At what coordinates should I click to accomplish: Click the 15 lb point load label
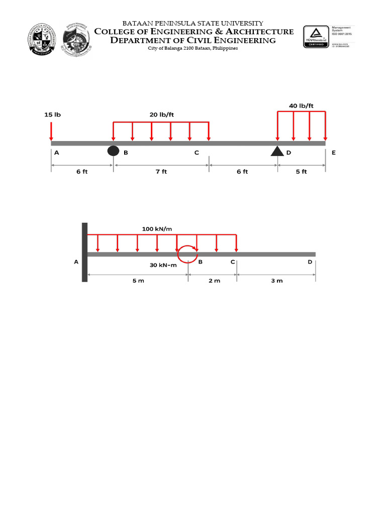pyautogui.click(x=52, y=115)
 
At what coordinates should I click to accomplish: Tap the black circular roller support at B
pyautogui.click(x=113, y=151)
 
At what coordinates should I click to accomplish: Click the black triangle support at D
pyautogui.click(x=277, y=151)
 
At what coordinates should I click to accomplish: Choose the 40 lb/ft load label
pyautogui.click(x=301, y=105)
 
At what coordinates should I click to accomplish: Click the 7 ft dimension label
pyautogui.click(x=161, y=172)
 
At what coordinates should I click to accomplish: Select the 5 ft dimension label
pyautogui.click(x=301, y=172)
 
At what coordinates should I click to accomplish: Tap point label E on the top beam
pyautogui.click(x=332, y=153)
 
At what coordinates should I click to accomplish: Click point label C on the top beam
pyautogui.click(x=197, y=153)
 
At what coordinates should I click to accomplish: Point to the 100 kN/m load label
pyautogui.click(x=157, y=229)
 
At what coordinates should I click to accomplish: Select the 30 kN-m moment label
pyautogui.click(x=163, y=266)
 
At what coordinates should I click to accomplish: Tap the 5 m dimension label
pyautogui.click(x=138, y=281)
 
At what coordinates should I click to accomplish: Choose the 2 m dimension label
pyautogui.click(x=214, y=281)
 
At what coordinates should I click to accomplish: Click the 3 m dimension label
pyautogui.click(x=276, y=281)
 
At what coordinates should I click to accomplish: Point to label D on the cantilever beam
pyautogui.click(x=310, y=262)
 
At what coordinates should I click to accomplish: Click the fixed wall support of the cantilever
pyautogui.click(x=84, y=252)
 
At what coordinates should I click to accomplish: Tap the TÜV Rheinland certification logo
pyautogui.click(x=315, y=37)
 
